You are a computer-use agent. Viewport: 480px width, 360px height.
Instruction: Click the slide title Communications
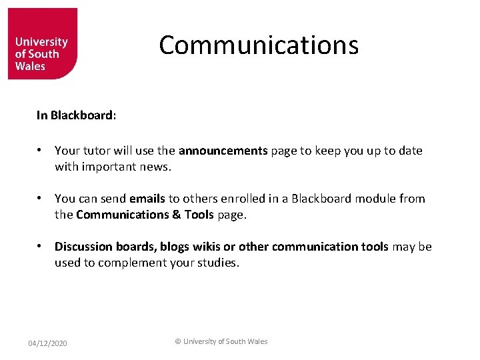[x=259, y=45]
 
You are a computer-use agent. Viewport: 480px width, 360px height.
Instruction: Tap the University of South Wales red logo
[x=42, y=44]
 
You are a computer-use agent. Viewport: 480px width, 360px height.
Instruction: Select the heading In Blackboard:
[x=77, y=115]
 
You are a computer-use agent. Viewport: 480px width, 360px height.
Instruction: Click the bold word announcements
[x=223, y=151]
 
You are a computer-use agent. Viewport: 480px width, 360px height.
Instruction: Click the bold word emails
[x=147, y=199]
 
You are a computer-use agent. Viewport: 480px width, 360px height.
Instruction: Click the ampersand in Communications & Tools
[x=159, y=215]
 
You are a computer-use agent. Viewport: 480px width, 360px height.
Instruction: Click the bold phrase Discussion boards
[x=105, y=247]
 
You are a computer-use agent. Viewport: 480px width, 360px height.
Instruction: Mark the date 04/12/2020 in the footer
[x=47, y=343]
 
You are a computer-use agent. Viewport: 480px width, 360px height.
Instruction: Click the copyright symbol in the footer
[x=178, y=341]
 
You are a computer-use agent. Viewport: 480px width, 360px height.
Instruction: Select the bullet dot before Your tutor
[x=41, y=151]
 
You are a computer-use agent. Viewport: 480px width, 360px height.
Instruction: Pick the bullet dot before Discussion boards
[x=41, y=247]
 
